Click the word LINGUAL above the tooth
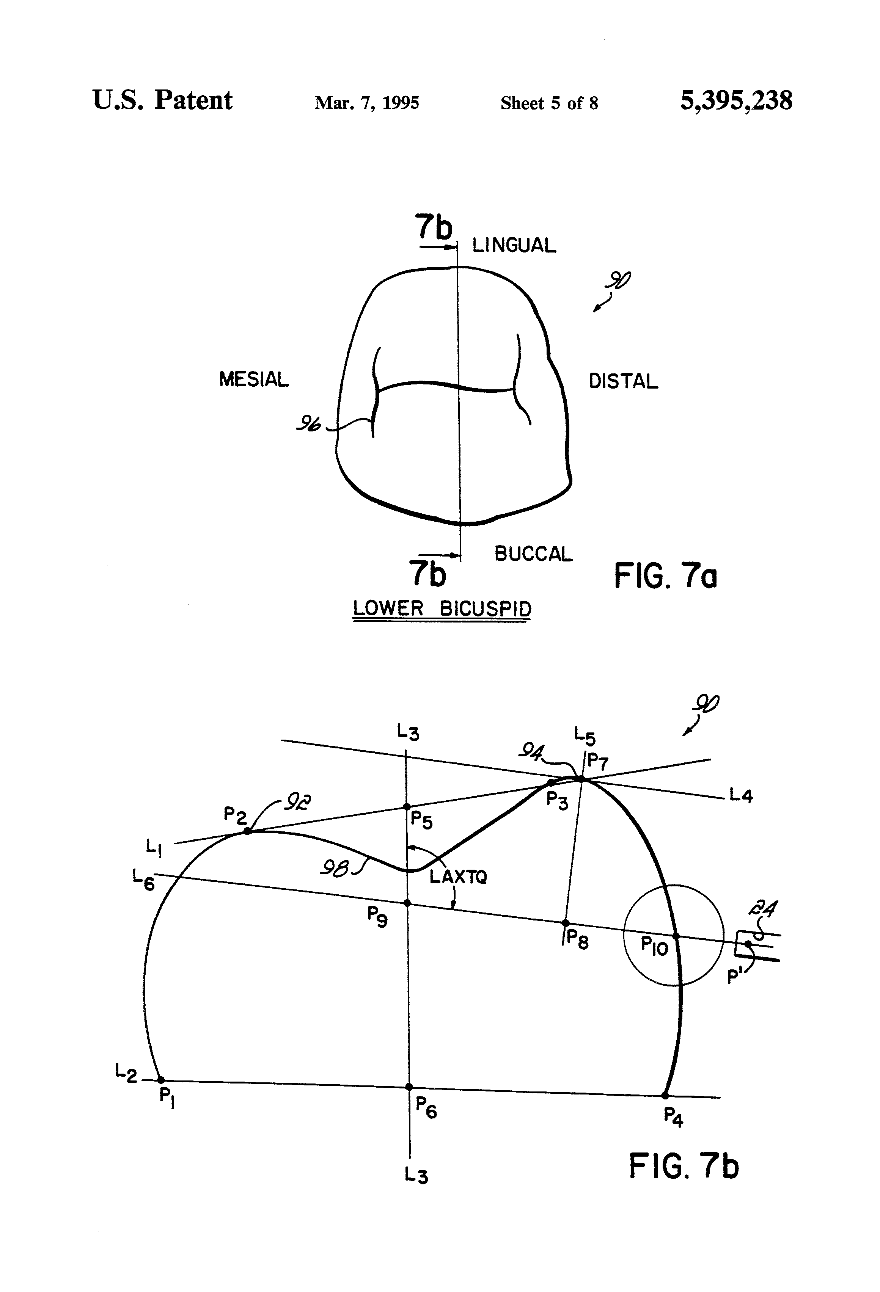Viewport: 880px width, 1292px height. pyautogui.click(x=514, y=245)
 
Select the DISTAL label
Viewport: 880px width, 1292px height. pyautogui.click(x=623, y=381)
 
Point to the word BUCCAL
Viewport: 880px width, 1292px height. pyautogui.click(x=533, y=554)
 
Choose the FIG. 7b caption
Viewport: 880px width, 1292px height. pyautogui.click(x=684, y=1166)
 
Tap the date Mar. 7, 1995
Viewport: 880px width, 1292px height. pyautogui.click(x=366, y=103)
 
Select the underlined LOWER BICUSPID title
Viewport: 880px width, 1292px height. pyautogui.click(x=442, y=609)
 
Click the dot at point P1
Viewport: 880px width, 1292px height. pyautogui.click(x=161, y=1080)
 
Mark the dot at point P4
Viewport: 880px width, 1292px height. pyautogui.click(x=665, y=1096)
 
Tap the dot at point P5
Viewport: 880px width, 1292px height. pyautogui.click(x=407, y=807)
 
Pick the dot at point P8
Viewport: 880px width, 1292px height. pyautogui.click(x=566, y=923)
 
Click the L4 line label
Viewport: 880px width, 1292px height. pyautogui.click(x=741, y=796)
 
